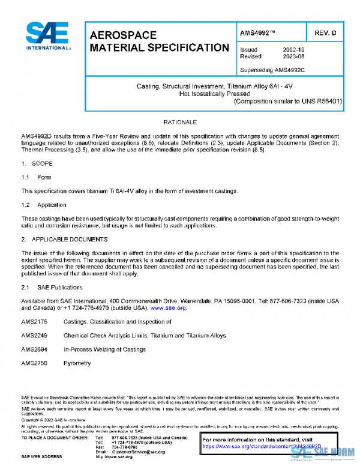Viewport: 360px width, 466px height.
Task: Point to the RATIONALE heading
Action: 180,122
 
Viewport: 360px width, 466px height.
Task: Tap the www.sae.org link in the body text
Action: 169,307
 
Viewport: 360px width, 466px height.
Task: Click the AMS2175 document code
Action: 34,322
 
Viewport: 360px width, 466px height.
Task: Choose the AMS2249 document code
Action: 34,336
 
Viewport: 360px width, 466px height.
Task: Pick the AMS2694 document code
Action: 34,349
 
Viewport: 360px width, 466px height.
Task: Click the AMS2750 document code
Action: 34,363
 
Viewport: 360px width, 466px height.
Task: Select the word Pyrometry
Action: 77,363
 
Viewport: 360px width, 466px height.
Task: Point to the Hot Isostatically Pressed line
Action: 214,94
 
